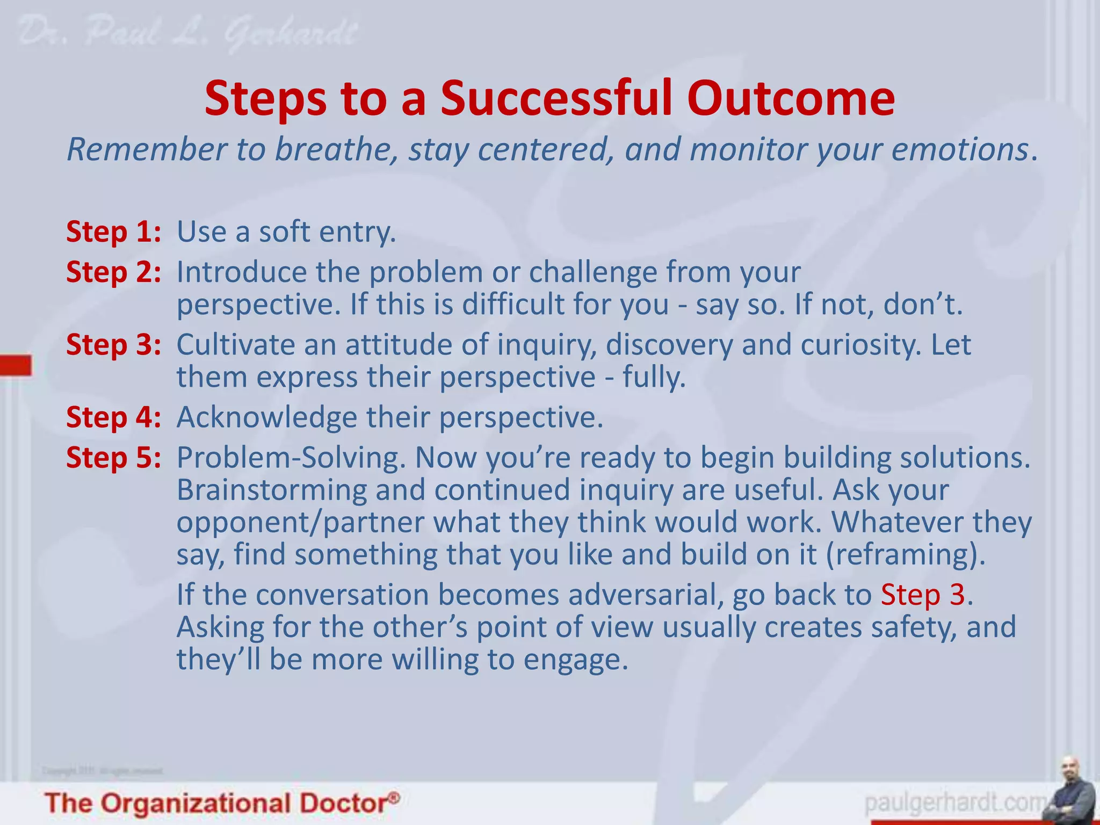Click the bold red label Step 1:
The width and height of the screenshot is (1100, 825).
click(x=113, y=232)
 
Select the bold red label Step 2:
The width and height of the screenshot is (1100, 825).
click(x=113, y=272)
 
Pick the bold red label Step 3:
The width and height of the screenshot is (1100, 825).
click(x=113, y=345)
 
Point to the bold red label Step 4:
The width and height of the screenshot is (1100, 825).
click(x=113, y=417)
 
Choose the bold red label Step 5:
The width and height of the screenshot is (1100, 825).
click(x=113, y=458)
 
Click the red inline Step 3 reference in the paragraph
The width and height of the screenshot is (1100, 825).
click(x=923, y=595)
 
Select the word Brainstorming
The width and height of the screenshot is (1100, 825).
click(x=271, y=490)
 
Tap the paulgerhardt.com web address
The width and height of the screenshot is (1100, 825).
click(x=956, y=804)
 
